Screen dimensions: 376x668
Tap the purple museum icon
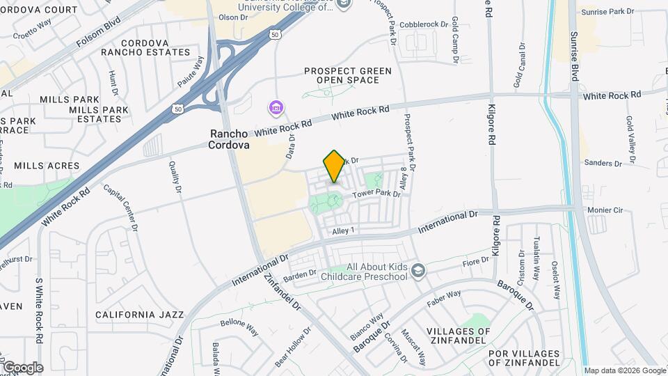click(x=276, y=108)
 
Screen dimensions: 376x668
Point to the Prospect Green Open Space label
click(x=348, y=75)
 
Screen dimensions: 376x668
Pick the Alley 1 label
click(x=344, y=230)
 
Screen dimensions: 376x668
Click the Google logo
click(x=22, y=367)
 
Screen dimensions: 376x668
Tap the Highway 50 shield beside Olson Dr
click(x=276, y=33)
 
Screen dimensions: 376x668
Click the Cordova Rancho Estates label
click(x=145, y=47)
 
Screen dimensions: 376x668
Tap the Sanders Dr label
click(x=603, y=163)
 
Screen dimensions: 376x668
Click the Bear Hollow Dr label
click(x=292, y=347)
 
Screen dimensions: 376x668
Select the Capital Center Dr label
click(x=120, y=206)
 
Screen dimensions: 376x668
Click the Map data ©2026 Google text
click(x=624, y=370)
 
